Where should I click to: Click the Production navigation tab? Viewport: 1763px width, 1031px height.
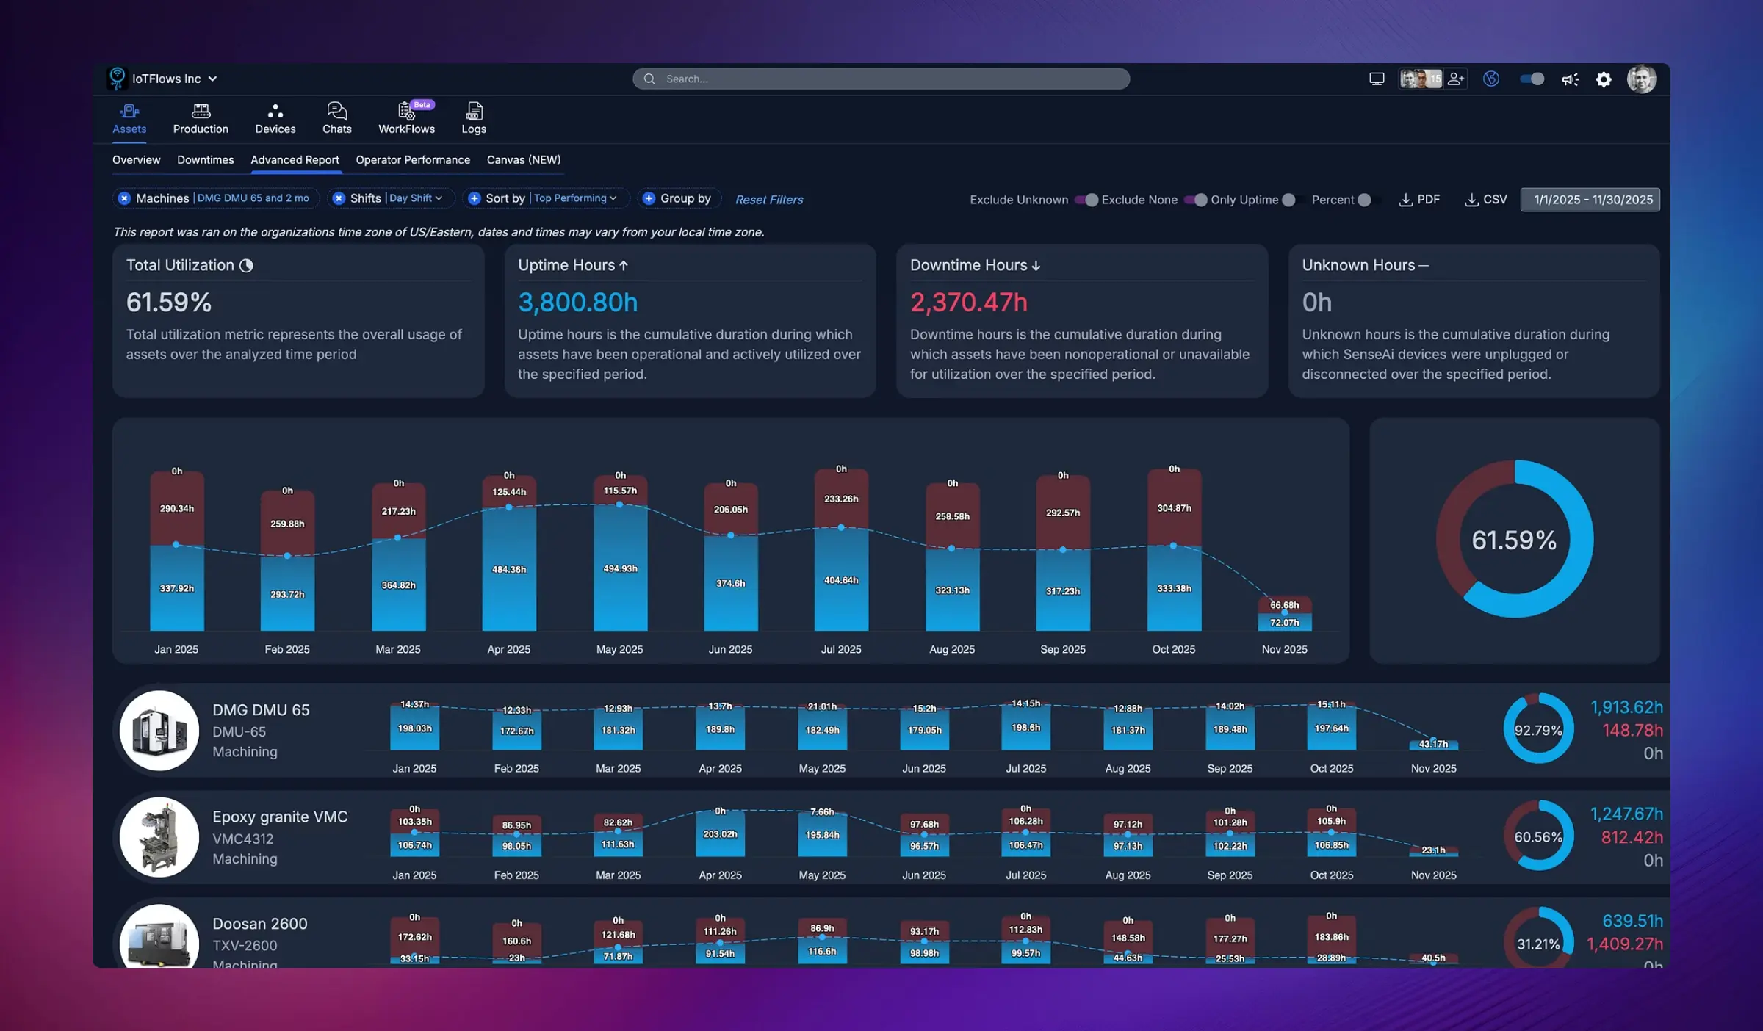pyautogui.click(x=201, y=119)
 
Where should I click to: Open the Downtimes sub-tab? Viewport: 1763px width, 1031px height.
pyautogui.click(x=205, y=160)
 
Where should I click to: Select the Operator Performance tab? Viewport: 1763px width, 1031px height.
pyautogui.click(x=412, y=160)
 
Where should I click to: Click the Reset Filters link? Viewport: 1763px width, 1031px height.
pyautogui.click(x=768, y=200)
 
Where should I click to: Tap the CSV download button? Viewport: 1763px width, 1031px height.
pyautogui.click(x=1486, y=200)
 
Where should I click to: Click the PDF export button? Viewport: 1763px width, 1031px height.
pyautogui.click(x=1419, y=200)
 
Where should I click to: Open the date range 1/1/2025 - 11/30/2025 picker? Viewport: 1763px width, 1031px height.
pyautogui.click(x=1590, y=200)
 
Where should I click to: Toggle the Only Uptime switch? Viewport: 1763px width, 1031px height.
pyautogui.click(x=1288, y=200)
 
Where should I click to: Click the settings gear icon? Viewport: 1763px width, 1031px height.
pyautogui.click(x=1604, y=79)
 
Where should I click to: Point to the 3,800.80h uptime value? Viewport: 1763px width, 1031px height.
pyautogui.click(x=577, y=303)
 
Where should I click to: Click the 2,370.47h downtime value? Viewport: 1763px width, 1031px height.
pyautogui.click(x=968, y=303)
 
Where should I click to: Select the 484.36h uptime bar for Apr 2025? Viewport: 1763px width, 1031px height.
pyautogui.click(x=508, y=570)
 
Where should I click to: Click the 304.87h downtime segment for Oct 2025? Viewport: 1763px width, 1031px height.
pyautogui.click(x=1174, y=508)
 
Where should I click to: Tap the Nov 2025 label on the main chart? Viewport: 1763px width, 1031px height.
pyautogui.click(x=1284, y=649)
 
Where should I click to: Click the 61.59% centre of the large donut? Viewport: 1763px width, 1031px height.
pyautogui.click(x=1514, y=540)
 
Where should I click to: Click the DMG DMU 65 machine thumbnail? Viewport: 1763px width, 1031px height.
pyautogui.click(x=159, y=731)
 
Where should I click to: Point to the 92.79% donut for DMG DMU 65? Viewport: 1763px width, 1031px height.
pyautogui.click(x=1538, y=729)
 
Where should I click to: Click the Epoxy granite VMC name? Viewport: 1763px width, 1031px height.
pyautogui.click(x=280, y=817)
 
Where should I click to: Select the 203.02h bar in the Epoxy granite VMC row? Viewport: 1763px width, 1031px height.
pyautogui.click(x=720, y=835)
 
